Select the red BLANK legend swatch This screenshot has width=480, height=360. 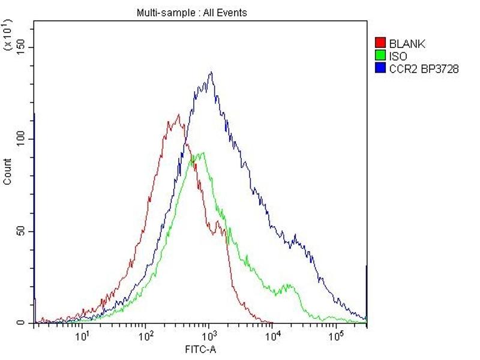coord(379,43)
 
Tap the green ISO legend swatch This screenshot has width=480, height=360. coord(379,56)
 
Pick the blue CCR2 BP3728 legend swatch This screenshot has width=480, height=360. coord(379,69)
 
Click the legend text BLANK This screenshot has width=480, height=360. coord(407,43)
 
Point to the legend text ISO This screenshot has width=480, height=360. coord(398,56)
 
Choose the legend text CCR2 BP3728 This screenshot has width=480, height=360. coord(424,69)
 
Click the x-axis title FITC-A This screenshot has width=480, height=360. coord(200,347)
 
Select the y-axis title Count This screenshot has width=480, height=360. coord(8,171)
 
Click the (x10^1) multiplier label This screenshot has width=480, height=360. coord(8,35)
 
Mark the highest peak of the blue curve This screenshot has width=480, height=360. coord(211,73)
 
